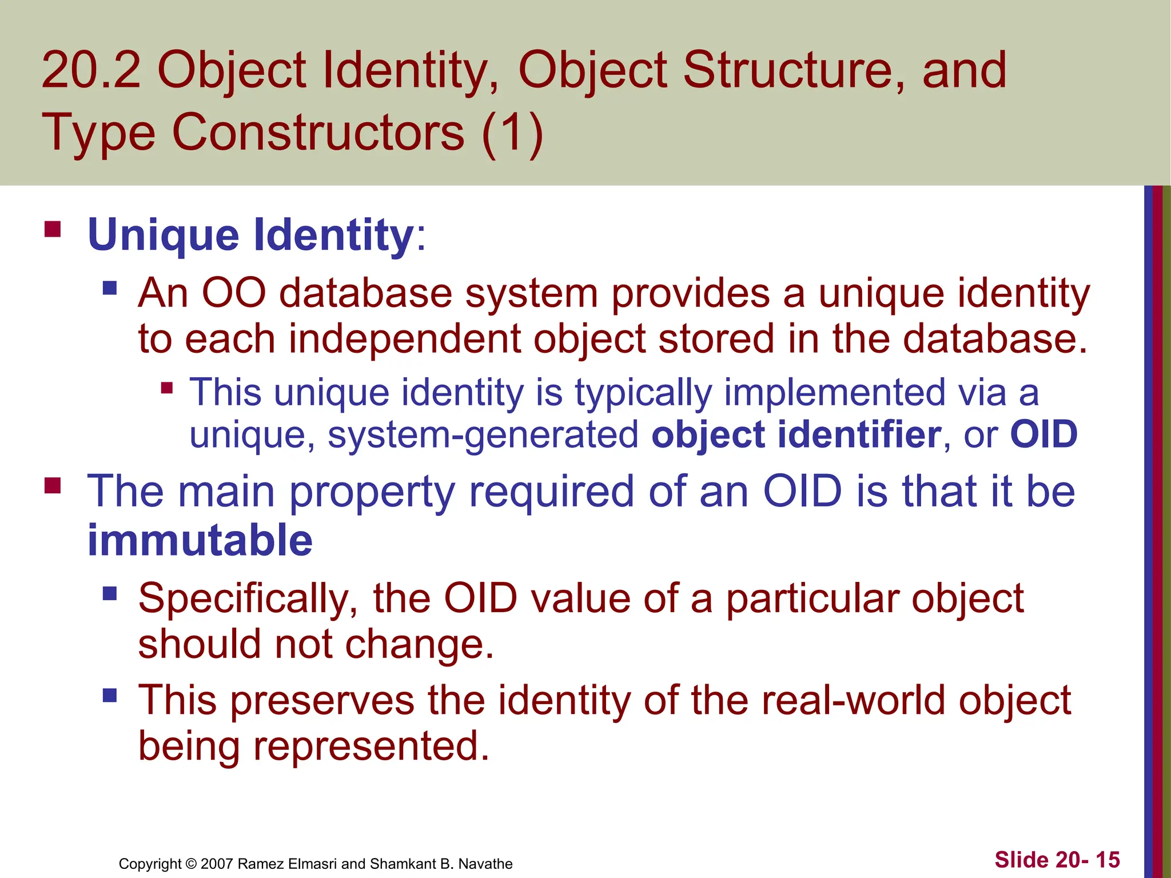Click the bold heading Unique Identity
pyautogui.click(x=250, y=235)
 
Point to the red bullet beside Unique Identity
pyautogui.click(x=53, y=230)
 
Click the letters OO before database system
pyautogui.click(x=234, y=293)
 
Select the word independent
pyautogui.click(x=404, y=339)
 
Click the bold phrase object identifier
pyautogui.click(x=796, y=435)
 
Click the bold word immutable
pyautogui.click(x=200, y=541)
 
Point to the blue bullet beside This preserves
pyautogui.click(x=110, y=696)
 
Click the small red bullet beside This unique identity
pyautogui.click(x=167, y=389)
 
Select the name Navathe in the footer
pyautogui.click(x=485, y=864)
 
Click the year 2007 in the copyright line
pyautogui.click(x=217, y=864)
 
